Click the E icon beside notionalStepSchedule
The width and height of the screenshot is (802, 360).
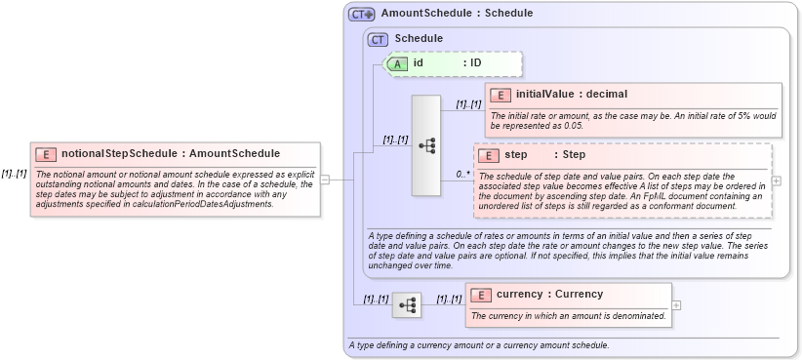[46, 154]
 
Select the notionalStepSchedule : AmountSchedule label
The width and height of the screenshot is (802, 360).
[171, 154]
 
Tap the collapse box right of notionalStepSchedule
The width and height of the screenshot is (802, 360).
[325, 180]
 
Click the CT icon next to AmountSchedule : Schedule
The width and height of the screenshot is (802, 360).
[362, 15]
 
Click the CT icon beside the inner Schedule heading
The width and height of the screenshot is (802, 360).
[378, 39]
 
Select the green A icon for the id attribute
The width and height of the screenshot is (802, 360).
[398, 63]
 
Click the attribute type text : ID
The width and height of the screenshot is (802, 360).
[472, 63]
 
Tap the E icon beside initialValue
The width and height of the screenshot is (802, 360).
[501, 95]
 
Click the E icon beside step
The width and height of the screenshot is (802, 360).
[490, 155]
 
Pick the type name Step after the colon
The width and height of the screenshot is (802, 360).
[574, 155]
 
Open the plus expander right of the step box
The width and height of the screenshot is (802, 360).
[777, 180]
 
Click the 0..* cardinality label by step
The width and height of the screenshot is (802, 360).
[463, 175]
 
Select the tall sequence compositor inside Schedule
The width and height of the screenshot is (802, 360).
[426, 145]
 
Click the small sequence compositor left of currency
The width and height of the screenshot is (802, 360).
[407, 306]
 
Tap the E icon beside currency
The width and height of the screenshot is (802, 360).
[480, 295]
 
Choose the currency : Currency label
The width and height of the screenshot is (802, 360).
[549, 295]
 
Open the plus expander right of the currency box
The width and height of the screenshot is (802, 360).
[677, 304]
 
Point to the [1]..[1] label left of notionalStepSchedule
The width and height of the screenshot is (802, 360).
[14, 174]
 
